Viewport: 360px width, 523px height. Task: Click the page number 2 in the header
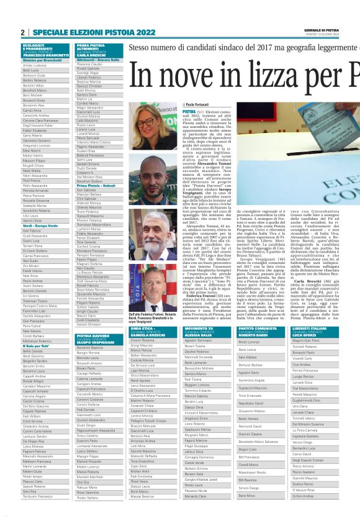pyautogui.click(x=22, y=32)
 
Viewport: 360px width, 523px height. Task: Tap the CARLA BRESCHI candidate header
pyautogui.click(x=91, y=55)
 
